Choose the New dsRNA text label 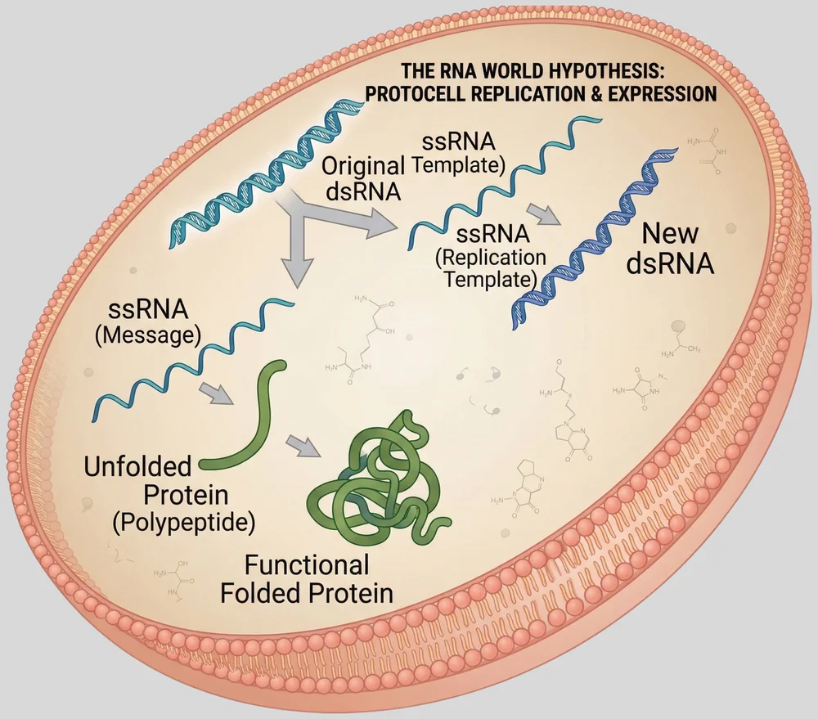pos(671,249)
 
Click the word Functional pos(308,564)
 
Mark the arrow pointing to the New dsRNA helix pos(543,213)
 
